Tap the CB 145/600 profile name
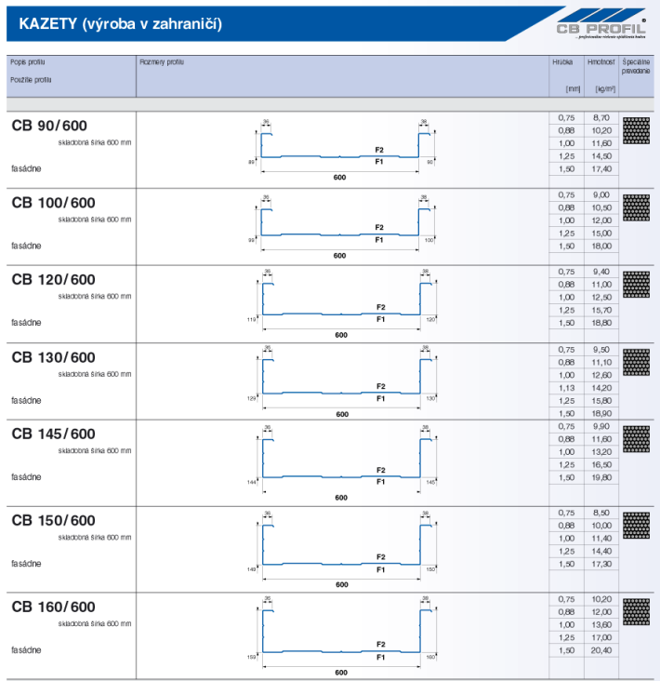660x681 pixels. click(x=53, y=434)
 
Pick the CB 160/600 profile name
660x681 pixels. click(x=53, y=608)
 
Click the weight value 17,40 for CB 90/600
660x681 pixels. click(x=601, y=170)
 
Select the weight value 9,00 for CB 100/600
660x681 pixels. click(x=601, y=194)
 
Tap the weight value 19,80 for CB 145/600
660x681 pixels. click(x=601, y=476)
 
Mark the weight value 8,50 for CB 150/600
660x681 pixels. click(x=601, y=513)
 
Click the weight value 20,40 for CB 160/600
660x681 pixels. click(x=601, y=650)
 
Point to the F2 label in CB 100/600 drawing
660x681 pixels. click(x=378, y=228)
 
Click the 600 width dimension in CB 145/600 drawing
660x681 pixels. click(x=341, y=498)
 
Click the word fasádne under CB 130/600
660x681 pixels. click(x=26, y=400)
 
